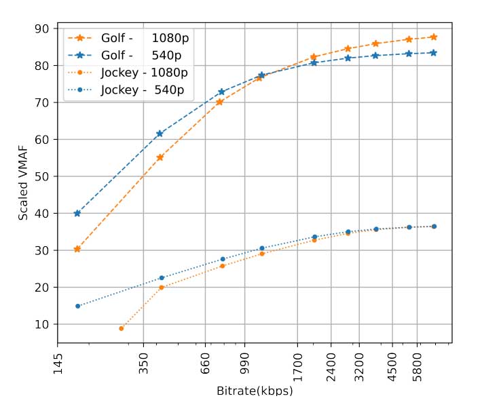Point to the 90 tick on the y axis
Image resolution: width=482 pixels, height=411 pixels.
42,28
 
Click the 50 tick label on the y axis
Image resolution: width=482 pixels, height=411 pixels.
42,176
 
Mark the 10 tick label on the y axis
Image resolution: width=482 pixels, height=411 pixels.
42,324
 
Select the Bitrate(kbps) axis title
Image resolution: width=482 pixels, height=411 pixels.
255,391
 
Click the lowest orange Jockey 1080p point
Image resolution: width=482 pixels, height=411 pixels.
122,328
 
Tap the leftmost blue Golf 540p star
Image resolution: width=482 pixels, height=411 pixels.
77,214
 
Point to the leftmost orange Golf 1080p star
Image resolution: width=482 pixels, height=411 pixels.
77,249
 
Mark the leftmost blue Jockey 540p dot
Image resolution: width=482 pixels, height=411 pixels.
78,306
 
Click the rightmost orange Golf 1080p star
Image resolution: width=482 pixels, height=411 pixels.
434,37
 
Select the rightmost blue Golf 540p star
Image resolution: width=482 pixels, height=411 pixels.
434,52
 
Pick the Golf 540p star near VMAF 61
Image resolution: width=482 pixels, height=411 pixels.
160,134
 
